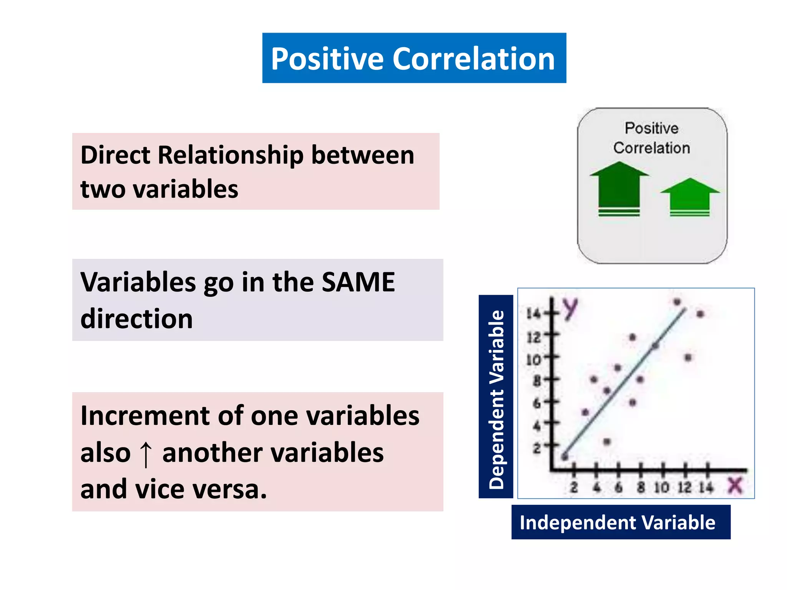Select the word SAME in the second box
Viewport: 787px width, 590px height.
(x=358, y=282)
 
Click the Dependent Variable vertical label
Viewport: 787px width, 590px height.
(x=496, y=397)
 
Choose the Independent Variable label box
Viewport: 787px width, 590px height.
(x=620, y=522)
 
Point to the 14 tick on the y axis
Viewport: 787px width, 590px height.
(x=533, y=314)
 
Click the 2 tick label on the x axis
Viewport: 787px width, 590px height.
(x=574, y=487)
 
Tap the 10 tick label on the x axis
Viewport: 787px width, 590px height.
(x=661, y=487)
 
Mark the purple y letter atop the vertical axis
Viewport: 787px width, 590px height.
(x=571, y=308)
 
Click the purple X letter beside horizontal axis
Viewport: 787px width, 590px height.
(x=735, y=486)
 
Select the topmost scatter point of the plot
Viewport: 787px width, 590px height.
(x=677, y=302)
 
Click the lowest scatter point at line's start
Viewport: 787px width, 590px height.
(x=565, y=457)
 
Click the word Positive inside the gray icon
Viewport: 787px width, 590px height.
(x=651, y=128)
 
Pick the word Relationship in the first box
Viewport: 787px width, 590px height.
(x=230, y=155)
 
